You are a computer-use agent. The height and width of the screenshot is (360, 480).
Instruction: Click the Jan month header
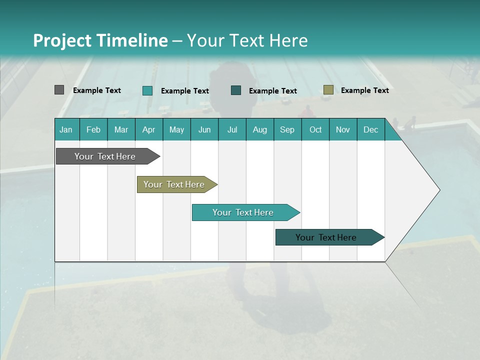point(66,129)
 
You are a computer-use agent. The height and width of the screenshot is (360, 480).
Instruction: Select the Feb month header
point(93,129)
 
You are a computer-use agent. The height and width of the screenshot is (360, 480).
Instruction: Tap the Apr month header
point(148,129)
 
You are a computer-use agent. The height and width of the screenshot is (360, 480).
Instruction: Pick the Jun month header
point(204,129)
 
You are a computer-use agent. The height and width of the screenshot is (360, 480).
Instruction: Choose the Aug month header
point(259,129)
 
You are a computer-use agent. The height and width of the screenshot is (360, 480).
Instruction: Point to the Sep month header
point(287,129)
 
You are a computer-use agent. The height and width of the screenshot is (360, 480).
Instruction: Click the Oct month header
point(315,129)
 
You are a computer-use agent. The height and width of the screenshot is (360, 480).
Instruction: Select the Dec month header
point(370,129)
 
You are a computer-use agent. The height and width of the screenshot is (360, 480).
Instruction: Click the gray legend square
point(59,90)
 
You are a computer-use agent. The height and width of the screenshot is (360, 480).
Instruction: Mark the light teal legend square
point(147,90)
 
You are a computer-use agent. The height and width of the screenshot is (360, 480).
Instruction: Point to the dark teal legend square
point(236,90)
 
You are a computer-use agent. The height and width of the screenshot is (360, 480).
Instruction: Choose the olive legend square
point(328,90)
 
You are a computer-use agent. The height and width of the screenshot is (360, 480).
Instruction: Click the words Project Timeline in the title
point(100,40)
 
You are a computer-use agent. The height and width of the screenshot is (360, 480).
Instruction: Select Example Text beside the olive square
point(364,90)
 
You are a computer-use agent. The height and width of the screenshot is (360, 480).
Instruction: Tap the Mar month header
point(121,129)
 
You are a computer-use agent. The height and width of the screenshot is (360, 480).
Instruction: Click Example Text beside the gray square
point(96,90)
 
